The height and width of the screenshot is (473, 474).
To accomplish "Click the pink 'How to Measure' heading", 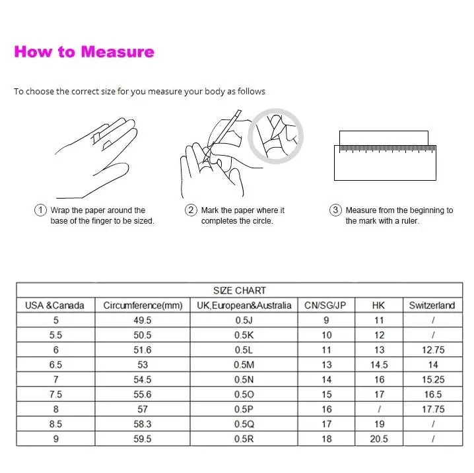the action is (x=84, y=51).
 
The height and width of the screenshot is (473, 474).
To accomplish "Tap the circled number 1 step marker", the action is (x=40, y=210).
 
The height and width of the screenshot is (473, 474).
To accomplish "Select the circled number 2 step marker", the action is (x=191, y=210).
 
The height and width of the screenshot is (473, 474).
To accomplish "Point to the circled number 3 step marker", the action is (x=335, y=210).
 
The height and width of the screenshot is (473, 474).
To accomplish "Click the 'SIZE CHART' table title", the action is (x=240, y=290).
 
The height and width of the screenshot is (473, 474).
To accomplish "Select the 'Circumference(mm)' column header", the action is (x=143, y=305).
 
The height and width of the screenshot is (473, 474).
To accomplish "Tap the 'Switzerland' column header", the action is (x=432, y=305).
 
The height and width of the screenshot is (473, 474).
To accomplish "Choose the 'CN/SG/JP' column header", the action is (x=325, y=305).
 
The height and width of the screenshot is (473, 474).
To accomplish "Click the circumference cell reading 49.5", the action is (x=143, y=320).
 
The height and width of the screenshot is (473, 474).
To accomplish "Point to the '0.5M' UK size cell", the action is (x=244, y=365).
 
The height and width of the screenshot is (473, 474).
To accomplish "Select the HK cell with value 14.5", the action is (x=379, y=365).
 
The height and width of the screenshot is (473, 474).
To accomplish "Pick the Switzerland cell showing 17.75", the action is (x=433, y=409).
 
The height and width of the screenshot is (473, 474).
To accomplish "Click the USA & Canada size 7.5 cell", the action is (x=55, y=394).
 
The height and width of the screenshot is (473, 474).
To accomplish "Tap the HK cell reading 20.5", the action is (x=379, y=439).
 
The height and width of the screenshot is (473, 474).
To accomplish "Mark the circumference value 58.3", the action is (x=143, y=424).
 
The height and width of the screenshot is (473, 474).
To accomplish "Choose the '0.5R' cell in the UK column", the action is (x=244, y=439).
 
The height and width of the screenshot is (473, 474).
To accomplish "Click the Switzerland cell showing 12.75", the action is (x=433, y=350).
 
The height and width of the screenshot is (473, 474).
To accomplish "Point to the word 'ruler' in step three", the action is (x=409, y=221).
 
